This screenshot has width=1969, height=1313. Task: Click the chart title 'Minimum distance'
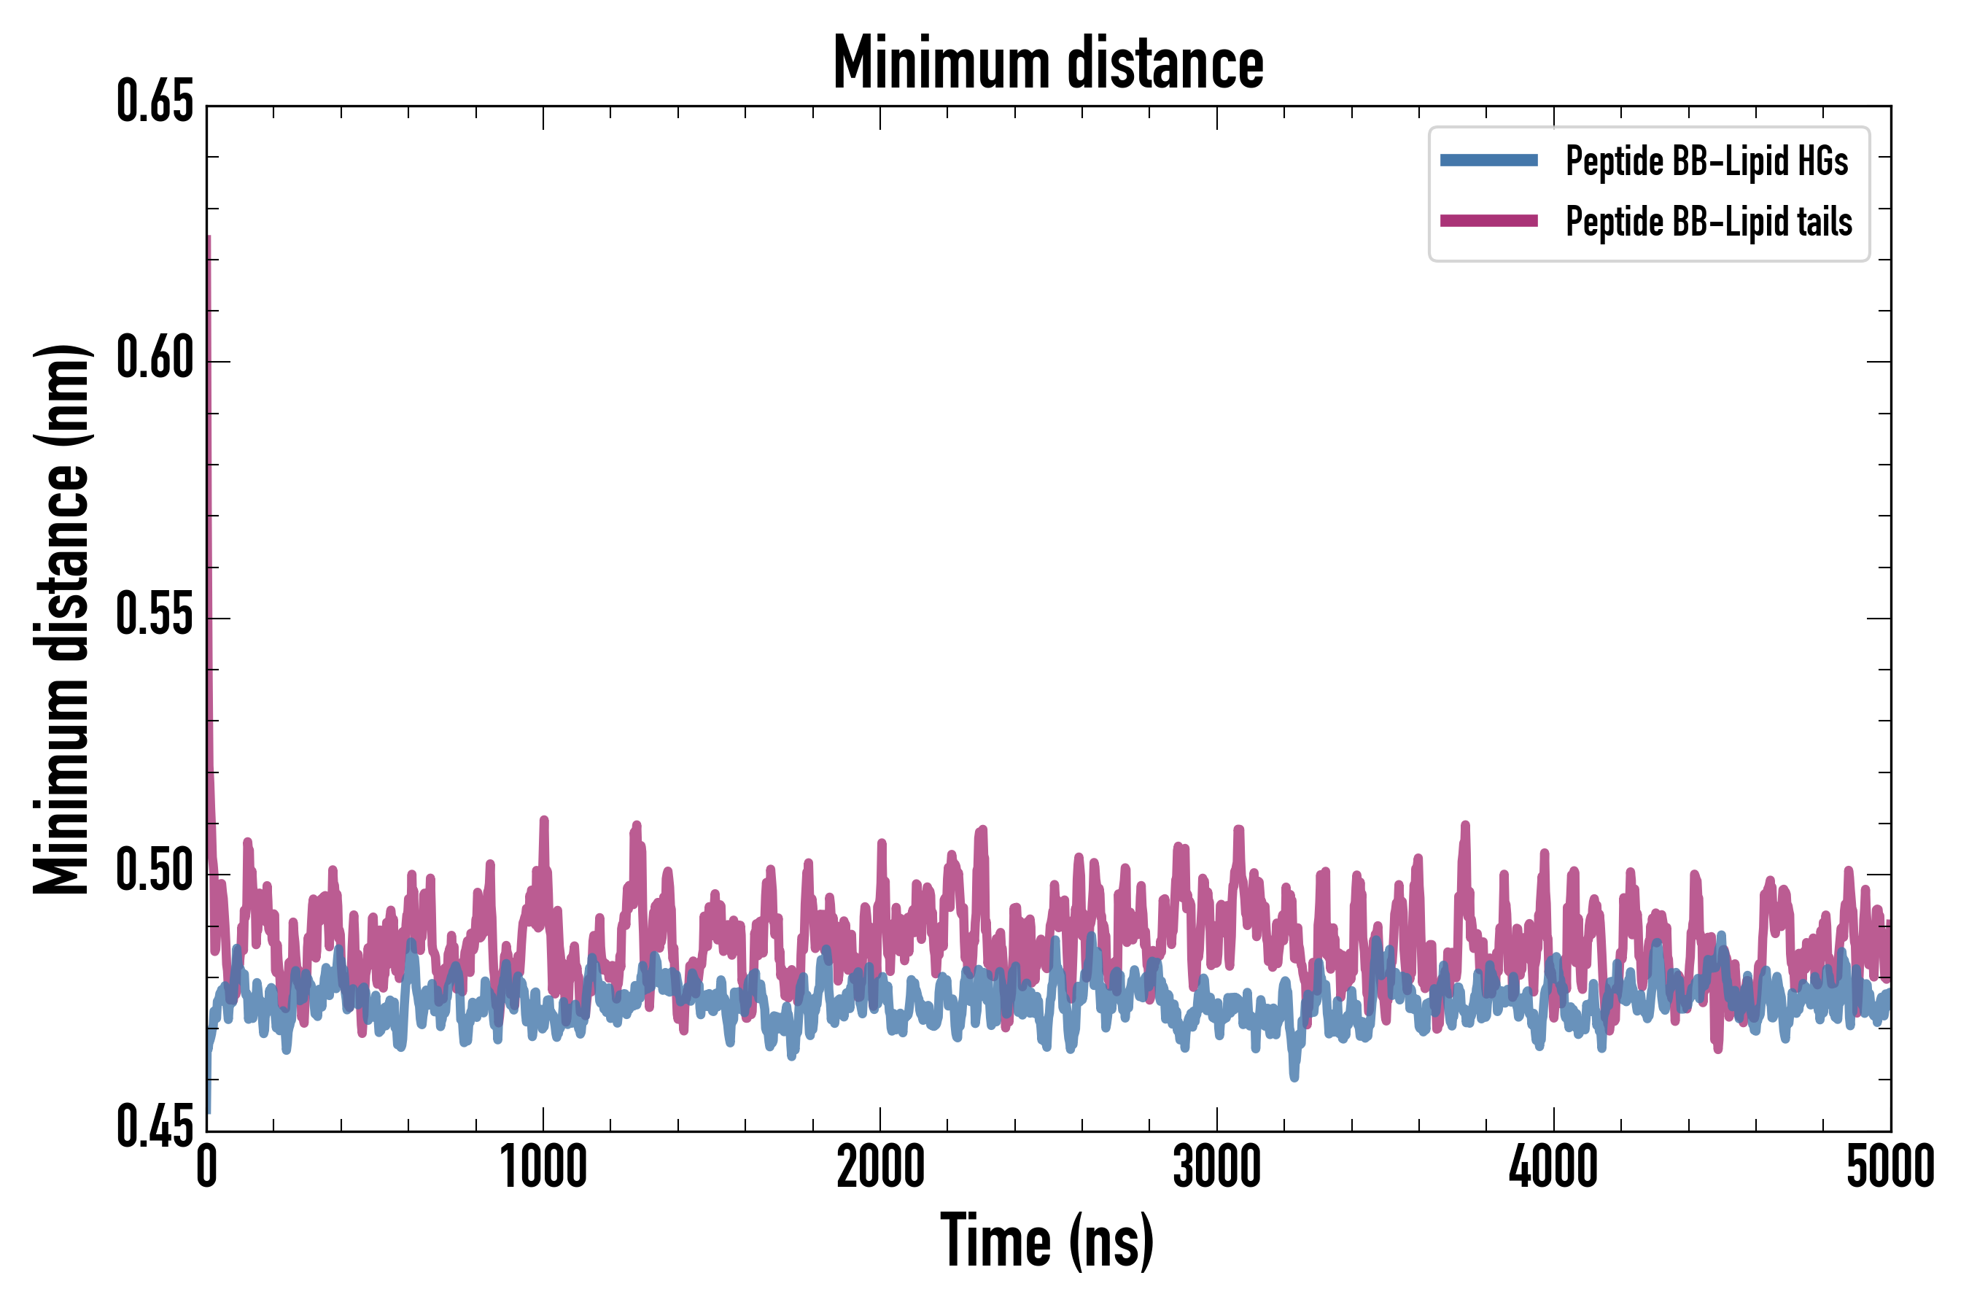coord(1048,63)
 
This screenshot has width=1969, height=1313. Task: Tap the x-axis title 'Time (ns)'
coord(1047,1241)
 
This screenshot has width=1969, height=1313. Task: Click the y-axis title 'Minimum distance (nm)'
coord(62,619)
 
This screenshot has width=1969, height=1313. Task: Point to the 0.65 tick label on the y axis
coord(155,103)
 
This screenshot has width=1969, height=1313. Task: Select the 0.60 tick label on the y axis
coord(155,359)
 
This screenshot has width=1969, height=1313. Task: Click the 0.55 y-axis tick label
coord(155,616)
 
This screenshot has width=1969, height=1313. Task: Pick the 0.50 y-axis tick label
coord(155,872)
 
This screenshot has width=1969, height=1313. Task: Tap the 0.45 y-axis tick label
coord(155,1128)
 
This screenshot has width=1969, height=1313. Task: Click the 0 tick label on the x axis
coord(207,1166)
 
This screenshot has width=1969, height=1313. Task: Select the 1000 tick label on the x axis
coord(543,1166)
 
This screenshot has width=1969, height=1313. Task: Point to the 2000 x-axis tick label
coord(880,1166)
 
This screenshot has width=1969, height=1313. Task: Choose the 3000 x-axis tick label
coord(1216,1166)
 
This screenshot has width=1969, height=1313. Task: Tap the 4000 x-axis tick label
coord(1553,1166)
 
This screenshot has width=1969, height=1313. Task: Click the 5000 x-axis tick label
coord(1890,1166)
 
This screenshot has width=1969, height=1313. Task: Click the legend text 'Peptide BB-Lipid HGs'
coord(1706,160)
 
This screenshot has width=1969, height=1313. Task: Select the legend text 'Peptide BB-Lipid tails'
coord(1709,222)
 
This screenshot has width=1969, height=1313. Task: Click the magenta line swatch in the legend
coord(1488,221)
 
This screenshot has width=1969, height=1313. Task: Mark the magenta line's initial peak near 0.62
coord(209,239)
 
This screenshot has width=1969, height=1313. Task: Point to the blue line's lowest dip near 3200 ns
coord(1294,1077)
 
